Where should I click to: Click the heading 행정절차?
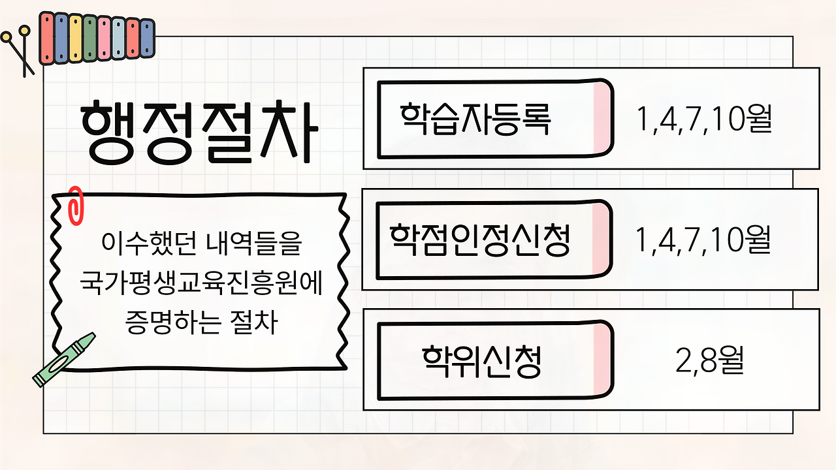click(x=199, y=133)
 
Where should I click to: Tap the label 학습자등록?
click(x=475, y=119)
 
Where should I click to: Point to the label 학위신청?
click(x=481, y=362)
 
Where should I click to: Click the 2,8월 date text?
click(x=709, y=360)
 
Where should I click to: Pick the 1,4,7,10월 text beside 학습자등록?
click(x=704, y=119)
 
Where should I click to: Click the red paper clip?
click(x=75, y=206)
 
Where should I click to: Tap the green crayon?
click(x=64, y=360)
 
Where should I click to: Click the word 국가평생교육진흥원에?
click(x=201, y=283)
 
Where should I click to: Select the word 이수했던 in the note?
click(x=150, y=243)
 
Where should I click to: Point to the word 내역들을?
click(x=254, y=243)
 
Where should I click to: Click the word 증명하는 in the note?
click(x=173, y=322)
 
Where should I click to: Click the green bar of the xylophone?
click(x=89, y=38)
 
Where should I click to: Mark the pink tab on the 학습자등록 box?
click(x=602, y=118)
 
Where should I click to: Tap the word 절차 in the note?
click(x=254, y=322)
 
